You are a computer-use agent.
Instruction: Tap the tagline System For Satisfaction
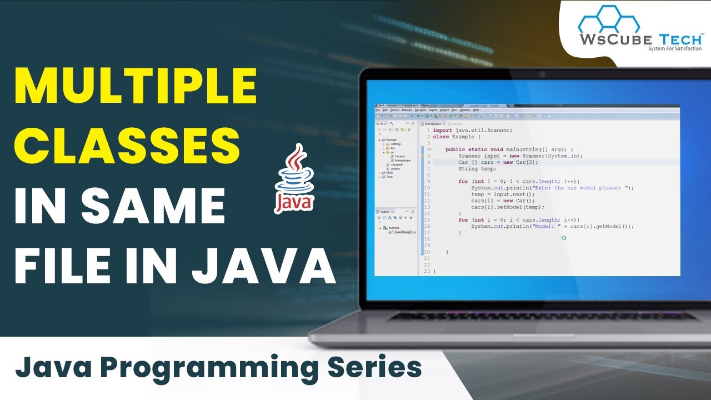point(674,49)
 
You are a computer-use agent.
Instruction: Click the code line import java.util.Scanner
point(473,130)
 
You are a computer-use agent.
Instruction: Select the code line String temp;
point(477,169)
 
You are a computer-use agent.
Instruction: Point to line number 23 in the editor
point(427,271)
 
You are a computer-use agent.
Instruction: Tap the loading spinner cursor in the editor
point(564,238)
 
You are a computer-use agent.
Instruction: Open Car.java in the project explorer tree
point(399,156)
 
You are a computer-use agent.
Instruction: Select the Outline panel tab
point(384,212)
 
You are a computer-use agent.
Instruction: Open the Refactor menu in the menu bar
point(407,110)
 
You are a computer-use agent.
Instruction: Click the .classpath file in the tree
point(397,164)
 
